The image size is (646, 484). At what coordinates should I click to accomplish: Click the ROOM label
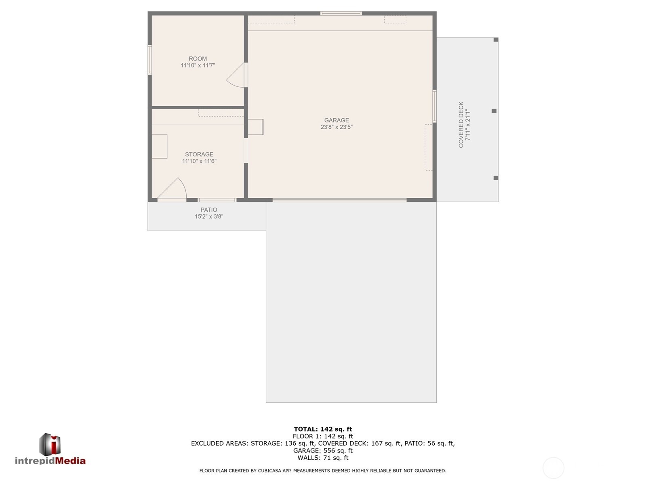[x=198, y=59]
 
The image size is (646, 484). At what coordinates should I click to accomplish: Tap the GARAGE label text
[x=337, y=120]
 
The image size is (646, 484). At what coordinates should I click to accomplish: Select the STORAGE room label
[x=199, y=154]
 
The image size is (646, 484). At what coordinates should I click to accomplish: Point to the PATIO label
[x=209, y=210]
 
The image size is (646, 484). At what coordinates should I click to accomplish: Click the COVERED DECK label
[x=461, y=125]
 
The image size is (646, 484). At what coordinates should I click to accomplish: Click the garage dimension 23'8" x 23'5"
[x=337, y=127]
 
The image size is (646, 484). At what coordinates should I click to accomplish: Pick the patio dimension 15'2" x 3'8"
[x=209, y=217]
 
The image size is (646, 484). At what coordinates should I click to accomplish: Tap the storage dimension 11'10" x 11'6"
[x=199, y=161]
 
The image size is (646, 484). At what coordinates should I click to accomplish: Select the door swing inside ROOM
[x=236, y=77]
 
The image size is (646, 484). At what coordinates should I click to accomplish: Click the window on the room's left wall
[x=149, y=60]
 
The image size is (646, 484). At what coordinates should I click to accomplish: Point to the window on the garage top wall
[x=341, y=14]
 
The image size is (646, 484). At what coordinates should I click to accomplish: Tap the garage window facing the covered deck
[x=435, y=106]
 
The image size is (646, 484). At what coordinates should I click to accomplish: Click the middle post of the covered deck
[x=494, y=111]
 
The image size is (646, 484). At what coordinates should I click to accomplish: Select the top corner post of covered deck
[x=496, y=40]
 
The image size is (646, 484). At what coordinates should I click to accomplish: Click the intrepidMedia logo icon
[x=50, y=444]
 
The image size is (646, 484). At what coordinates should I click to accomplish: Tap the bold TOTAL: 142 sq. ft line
[x=323, y=429]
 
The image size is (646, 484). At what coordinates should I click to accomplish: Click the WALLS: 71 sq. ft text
[x=323, y=458]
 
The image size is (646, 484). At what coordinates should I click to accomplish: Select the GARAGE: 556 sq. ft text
[x=323, y=450]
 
